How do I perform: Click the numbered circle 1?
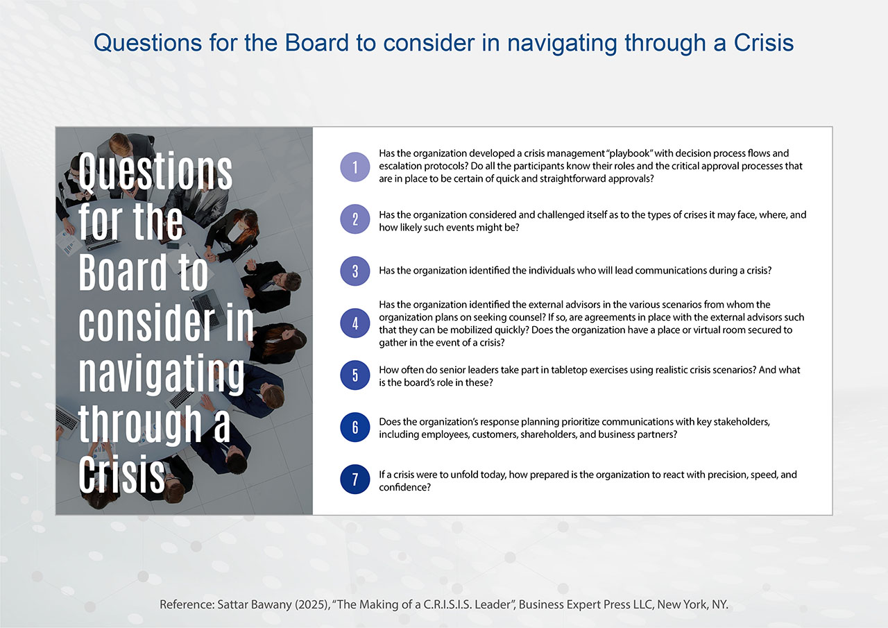click(355, 167)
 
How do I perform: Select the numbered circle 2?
click(355, 219)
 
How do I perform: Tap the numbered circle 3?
click(355, 271)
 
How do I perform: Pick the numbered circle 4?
click(355, 323)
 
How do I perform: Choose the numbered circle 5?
click(355, 375)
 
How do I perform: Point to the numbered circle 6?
click(355, 427)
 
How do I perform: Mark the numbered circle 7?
click(355, 480)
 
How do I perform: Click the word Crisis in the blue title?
click(764, 42)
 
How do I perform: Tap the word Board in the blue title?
click(317, 42)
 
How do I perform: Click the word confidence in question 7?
click(404, 487)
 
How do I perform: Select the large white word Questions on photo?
click(155, 171)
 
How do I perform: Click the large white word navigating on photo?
click(162, 374)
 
